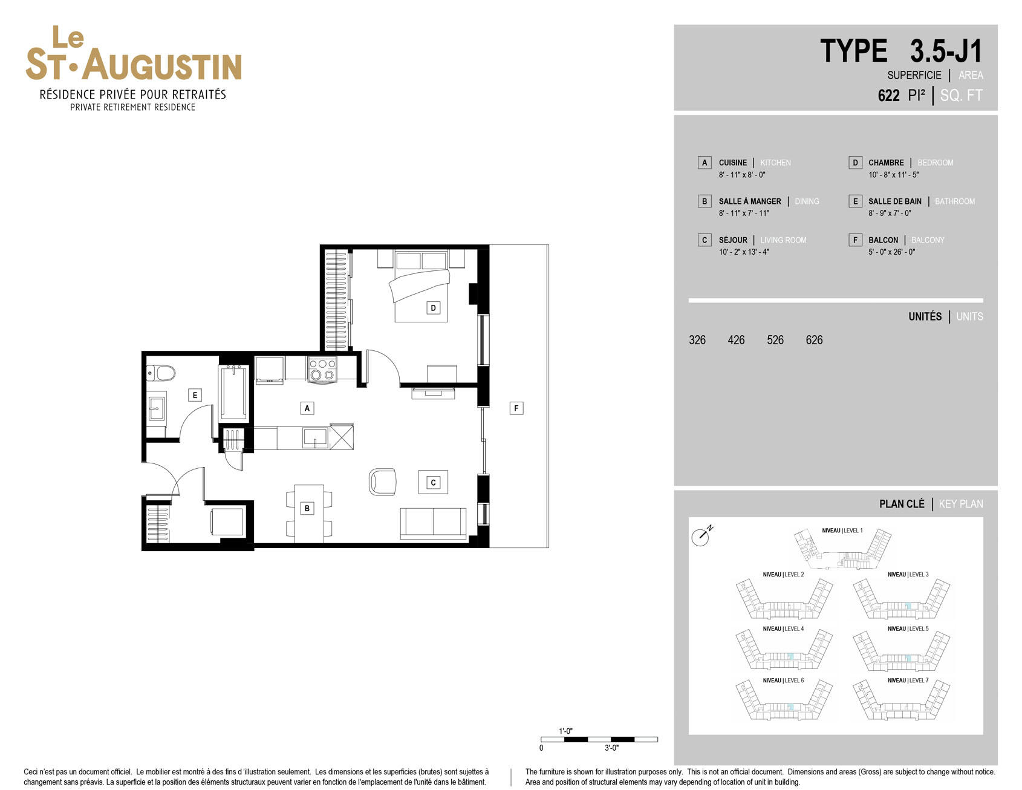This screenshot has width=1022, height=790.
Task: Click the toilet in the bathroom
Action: (x=161, y=373)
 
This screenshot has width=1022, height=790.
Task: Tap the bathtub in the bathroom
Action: (x=233, y=393)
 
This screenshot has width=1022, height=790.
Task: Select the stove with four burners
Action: (x=322, y=369)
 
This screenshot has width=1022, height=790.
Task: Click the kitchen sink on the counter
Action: (x=315, y=437)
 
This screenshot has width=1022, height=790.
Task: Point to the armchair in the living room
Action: (x=383, y=482)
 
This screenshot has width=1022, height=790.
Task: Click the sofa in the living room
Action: (x=433, y=523)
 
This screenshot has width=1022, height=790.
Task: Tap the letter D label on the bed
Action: (x=433, y=308)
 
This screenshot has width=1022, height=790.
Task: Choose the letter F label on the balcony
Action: (x=516, y=408)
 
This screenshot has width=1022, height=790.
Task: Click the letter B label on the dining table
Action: (x=307, y=508)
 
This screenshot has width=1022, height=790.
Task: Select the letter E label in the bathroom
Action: (x=195, y=395)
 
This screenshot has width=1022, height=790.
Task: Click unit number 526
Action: (x=775, y=340)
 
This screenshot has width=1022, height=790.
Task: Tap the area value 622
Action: (x=888, y=96)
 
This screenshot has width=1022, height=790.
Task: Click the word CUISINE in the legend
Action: (x=732, y=163)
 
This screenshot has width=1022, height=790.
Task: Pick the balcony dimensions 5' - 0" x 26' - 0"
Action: (x=891, y=252)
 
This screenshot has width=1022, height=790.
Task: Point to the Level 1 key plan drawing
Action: (x=842, y=549)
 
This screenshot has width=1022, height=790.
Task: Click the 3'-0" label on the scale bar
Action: (x=611, y=748)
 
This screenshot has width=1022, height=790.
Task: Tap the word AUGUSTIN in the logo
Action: (x=162, y=65)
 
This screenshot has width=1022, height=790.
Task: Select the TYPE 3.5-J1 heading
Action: (x=901, y=51)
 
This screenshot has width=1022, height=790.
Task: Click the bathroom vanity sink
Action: (x=157, y=408)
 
